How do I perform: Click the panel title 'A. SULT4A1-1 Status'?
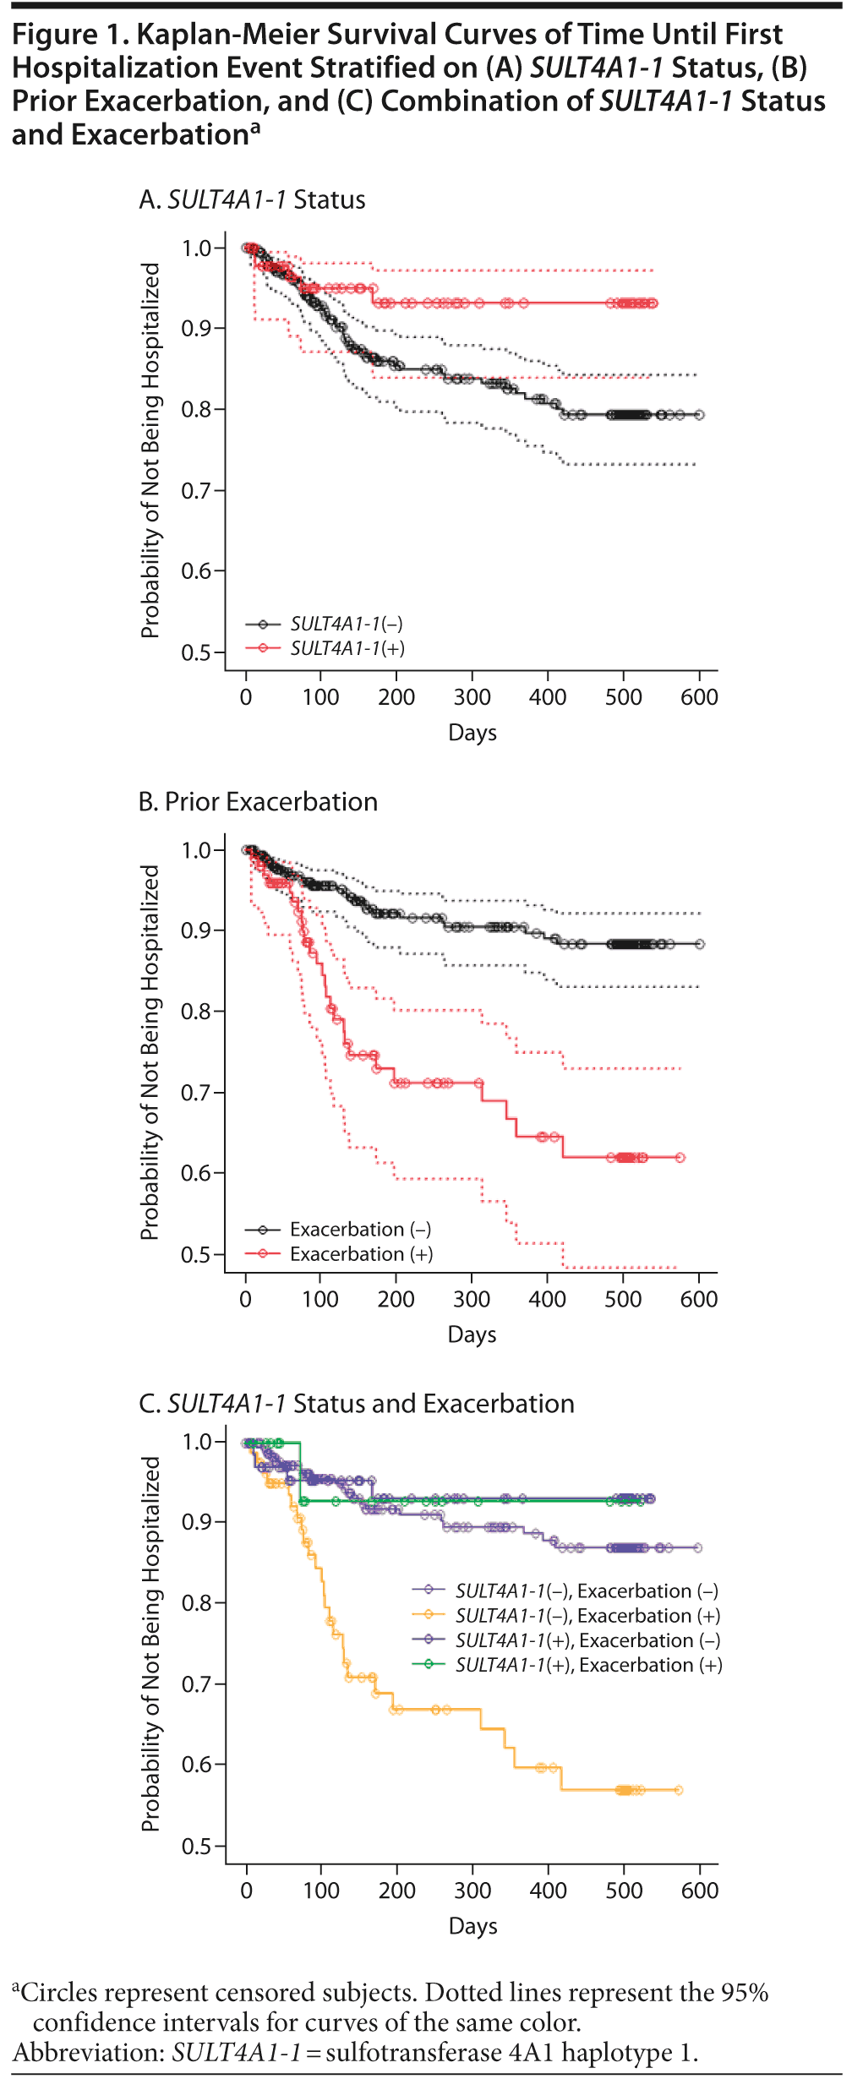coord(252,200)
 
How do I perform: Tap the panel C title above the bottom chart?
coord(356,1404)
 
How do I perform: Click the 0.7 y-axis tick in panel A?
coord(196,491)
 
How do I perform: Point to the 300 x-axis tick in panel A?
coord(472,697)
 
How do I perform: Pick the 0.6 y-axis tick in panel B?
coord(196,1174)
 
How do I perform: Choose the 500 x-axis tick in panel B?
coord(623,1299)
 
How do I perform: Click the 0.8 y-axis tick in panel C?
coord(197,1603)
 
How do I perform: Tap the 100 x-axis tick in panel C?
coord(321,1891)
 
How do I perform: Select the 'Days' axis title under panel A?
coord(472,733)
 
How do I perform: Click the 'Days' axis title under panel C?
coord(472,1926)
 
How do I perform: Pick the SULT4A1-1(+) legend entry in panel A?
coord(347,648)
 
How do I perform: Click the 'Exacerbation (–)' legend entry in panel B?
coord(360,1230)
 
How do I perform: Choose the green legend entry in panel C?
coord(588,1665)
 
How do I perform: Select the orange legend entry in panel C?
coord(587,1616)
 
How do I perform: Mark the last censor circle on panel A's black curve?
coord(699,415)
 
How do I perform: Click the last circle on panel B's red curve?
coord(680,1158)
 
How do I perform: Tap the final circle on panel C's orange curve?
coord(678,1790)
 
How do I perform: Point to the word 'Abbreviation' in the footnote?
coord(88,2053)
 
